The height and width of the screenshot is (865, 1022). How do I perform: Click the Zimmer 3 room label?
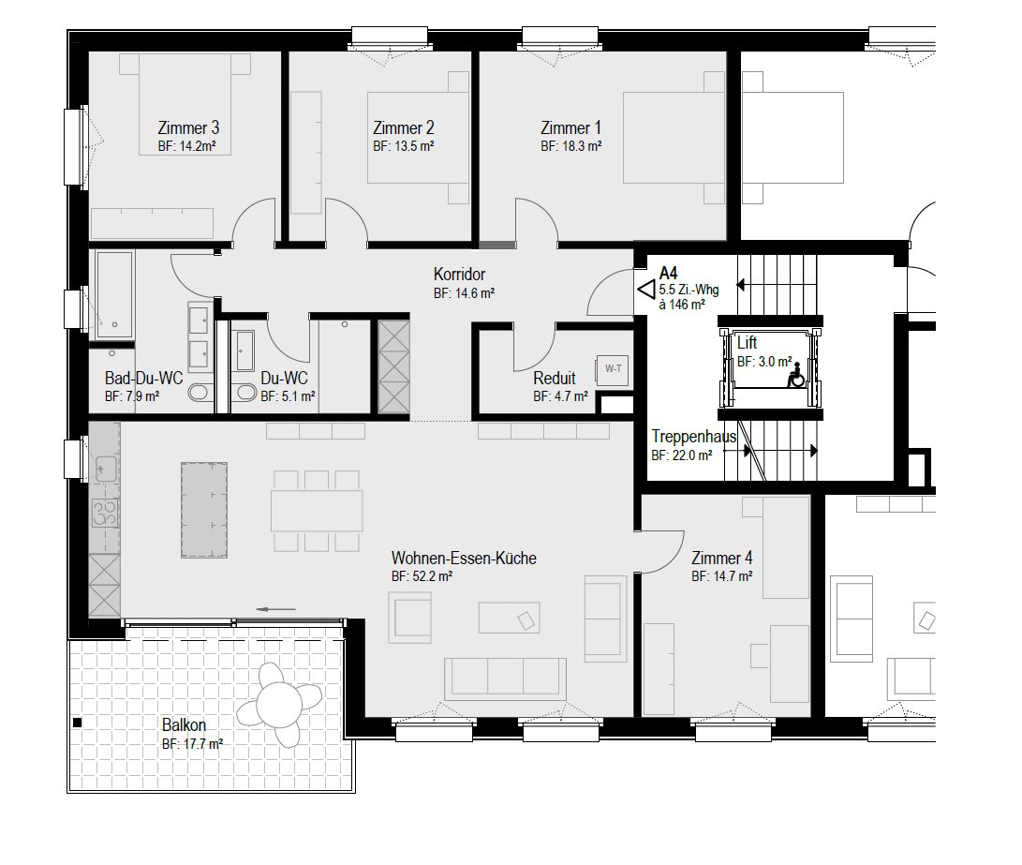[188, 127]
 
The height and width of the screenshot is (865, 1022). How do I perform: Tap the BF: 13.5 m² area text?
[404, 146]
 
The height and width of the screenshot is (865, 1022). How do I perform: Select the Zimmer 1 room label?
[571, 127]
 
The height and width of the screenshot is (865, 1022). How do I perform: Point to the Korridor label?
[460, 275]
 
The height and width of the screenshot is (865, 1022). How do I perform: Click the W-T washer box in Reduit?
[613, 369]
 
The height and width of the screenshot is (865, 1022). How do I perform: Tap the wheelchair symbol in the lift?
[795, 375]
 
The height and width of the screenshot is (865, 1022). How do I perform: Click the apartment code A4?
[668, 273]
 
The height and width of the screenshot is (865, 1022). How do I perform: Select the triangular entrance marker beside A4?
[646, 290]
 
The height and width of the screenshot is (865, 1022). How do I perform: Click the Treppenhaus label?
[693, 437]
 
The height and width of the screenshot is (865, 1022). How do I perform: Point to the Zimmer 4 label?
[721, 558]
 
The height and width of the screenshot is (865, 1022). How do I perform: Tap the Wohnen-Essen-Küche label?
[464, 558]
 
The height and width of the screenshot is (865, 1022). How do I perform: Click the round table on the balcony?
[279, 705]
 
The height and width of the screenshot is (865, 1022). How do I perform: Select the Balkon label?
[184, 724]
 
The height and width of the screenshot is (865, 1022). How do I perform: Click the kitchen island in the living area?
[204, 511]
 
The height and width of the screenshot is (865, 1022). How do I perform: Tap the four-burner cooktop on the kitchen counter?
[104, 514]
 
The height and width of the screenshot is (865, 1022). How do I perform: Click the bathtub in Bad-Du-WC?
[114, 294]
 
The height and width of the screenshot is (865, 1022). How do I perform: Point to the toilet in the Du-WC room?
[245, 392]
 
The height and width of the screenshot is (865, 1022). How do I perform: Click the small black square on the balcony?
[77, 723]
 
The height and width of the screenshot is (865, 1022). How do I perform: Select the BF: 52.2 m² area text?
[422, 577]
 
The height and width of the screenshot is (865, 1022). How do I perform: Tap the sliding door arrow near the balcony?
[276, 609]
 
